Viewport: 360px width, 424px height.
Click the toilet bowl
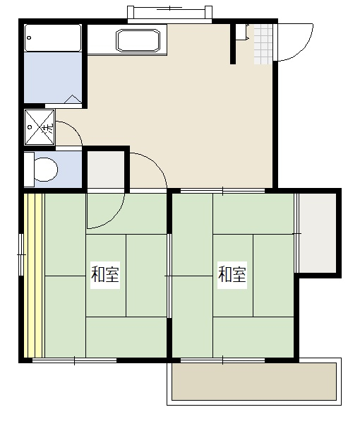pos(46,170)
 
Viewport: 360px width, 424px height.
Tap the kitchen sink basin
pos(138,40)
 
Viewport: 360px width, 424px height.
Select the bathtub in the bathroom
pos(53,38)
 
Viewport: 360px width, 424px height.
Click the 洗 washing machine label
pos(49,128)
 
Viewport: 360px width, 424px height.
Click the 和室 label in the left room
pos(104,274)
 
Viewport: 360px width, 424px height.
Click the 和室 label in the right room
pos(232,274)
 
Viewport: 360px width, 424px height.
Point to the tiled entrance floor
pos(263,44)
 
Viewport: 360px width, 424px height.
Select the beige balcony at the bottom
pos(254,382)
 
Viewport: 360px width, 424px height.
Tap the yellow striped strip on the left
pos(33,276)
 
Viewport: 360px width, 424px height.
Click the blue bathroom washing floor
pos(53,77)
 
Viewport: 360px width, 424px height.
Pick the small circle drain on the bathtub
pos(29,38)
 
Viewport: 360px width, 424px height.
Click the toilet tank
pos(29,170)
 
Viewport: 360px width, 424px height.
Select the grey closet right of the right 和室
pos(318,233)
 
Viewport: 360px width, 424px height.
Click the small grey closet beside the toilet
pos(106,170)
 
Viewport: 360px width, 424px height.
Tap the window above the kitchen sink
pos(169,13)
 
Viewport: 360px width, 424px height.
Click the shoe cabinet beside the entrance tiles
pos(242,33)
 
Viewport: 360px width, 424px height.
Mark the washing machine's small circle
pos(30,126)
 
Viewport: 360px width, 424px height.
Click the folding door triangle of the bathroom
pos(73,99)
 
